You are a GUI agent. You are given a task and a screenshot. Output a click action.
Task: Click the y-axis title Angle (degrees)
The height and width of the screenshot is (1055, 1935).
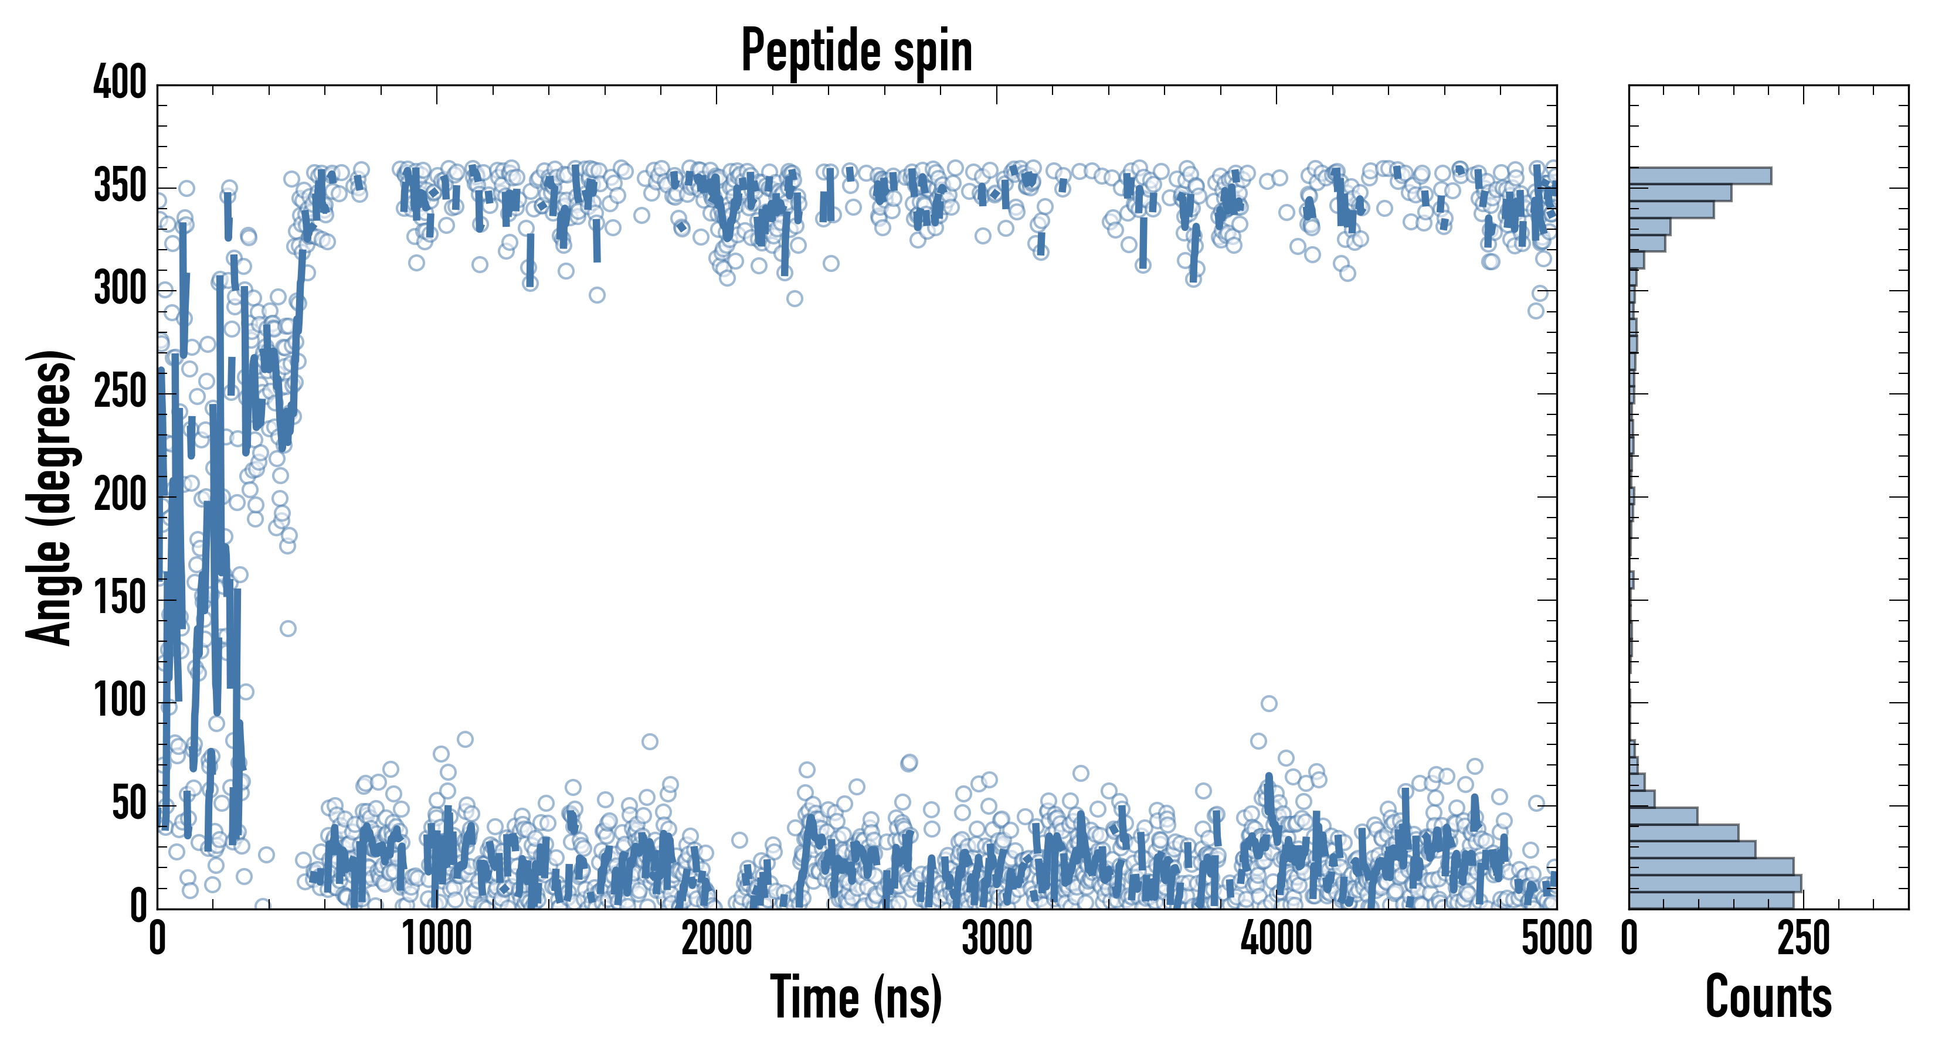(50, 497)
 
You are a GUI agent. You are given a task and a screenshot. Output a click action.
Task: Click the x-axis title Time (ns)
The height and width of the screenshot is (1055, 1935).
(856, 997)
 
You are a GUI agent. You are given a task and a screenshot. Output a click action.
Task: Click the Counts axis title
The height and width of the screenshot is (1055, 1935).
(1768, 997)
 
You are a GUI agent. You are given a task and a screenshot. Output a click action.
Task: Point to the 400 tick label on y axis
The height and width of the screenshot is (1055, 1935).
(120, 83)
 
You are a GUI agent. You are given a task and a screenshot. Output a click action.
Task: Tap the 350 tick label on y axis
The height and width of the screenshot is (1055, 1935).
(120, 186)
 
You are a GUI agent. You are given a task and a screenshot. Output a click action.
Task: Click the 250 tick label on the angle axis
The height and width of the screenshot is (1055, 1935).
(120, 392)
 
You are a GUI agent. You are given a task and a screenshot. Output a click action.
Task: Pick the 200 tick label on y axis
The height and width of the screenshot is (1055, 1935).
(120, 496)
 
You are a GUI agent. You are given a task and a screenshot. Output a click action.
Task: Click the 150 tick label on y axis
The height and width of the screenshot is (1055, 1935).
(120, 598)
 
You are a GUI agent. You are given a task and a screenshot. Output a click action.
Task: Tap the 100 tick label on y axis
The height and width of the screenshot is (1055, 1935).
(120, 702)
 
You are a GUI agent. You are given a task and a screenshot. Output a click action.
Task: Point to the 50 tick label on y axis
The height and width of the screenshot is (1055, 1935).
(129, 804)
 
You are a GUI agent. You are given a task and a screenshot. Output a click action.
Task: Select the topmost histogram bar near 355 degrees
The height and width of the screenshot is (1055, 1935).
(1699, 176)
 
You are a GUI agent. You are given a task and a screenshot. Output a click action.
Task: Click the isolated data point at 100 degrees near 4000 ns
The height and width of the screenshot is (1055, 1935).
(1269, 703)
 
